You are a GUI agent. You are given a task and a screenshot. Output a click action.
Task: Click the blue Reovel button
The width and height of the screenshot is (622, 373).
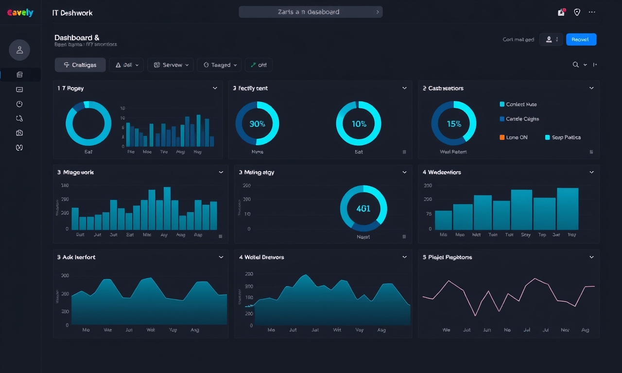581,40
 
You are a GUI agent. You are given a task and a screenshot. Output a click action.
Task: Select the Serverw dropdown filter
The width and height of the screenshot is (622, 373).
170,65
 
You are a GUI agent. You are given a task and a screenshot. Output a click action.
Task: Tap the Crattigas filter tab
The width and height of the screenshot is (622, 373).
80,65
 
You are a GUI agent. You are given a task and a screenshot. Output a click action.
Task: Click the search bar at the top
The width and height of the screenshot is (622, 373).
310,12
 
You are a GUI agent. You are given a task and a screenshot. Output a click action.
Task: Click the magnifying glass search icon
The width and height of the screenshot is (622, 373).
575,65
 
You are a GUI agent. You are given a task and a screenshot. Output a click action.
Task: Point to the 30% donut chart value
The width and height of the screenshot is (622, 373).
257,124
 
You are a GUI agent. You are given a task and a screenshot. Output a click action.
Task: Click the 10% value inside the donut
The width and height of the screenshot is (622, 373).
359,124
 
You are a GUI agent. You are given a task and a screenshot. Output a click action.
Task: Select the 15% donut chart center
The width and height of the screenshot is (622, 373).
454,124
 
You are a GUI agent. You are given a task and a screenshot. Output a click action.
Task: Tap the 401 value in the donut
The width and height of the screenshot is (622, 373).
363,208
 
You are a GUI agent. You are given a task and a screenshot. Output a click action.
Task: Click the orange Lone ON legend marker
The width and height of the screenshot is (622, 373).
502,137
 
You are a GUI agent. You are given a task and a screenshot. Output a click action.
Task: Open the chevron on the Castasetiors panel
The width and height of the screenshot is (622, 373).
591,88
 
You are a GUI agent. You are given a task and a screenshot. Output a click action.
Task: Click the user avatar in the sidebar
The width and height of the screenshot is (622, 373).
19,50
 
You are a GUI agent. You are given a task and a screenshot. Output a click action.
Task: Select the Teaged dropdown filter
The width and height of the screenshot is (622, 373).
220,65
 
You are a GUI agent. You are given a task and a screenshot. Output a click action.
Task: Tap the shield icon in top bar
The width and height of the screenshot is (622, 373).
577,12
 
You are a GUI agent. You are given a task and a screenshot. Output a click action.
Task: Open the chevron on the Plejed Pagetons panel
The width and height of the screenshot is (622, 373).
591,257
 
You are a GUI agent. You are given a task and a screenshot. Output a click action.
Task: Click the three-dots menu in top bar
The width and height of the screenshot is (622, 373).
591,12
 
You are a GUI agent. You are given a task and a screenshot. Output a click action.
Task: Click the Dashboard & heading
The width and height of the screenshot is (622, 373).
77,38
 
